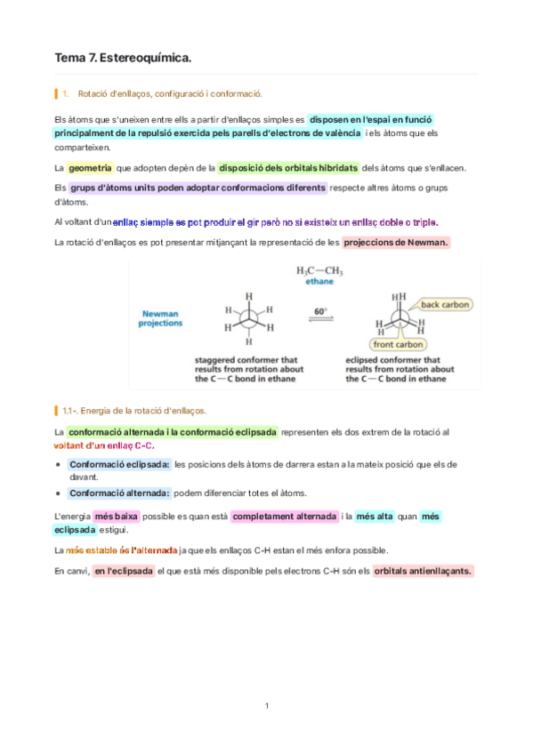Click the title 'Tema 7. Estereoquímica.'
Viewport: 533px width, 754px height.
[123, 58]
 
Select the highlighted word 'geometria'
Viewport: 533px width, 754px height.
[89, 167]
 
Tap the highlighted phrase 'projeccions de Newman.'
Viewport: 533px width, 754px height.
[396, 242]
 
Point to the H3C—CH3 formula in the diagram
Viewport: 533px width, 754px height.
[319, 270]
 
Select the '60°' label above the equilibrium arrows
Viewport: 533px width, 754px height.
[320, 310]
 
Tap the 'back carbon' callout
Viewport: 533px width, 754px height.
[444, 304]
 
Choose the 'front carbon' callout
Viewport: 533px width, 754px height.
[397, 344]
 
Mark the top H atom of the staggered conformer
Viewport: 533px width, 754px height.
[248, 296]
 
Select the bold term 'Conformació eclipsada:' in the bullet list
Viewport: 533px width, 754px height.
[119, 464]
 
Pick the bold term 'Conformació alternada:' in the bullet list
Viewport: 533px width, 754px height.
[119, 493]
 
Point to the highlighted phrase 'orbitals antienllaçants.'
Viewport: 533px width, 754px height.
[423, 571]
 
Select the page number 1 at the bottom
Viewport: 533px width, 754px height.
[266, 706]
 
